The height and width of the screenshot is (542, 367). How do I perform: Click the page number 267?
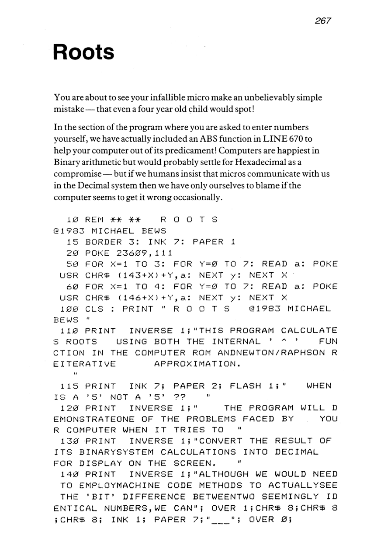pos(322,21)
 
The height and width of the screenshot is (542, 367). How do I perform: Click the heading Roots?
pos(83,52)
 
